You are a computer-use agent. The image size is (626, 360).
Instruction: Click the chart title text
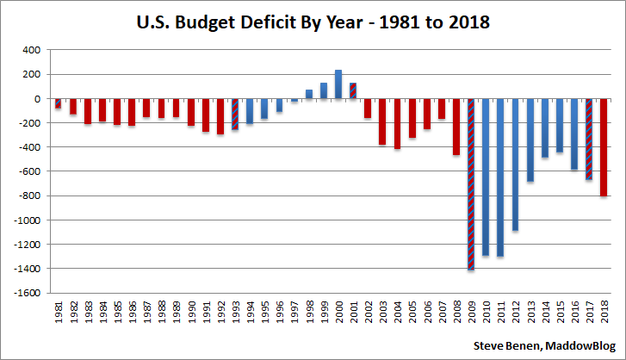313,22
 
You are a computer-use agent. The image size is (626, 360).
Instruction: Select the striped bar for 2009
471,184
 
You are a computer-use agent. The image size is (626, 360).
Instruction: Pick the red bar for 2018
604,147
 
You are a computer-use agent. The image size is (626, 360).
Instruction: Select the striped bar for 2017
589,139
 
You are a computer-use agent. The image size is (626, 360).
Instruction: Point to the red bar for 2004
398,124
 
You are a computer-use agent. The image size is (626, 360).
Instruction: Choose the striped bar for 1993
235,115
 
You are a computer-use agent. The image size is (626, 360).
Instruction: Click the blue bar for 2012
516,164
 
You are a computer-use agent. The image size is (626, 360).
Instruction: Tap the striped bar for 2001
353,90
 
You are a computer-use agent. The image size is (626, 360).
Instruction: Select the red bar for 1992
220,116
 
